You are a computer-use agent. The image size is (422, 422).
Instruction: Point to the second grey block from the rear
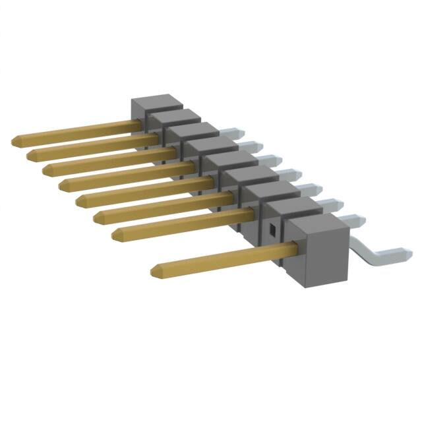[x=174, y=115]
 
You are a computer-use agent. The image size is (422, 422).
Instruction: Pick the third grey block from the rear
[x=193, y=130]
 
